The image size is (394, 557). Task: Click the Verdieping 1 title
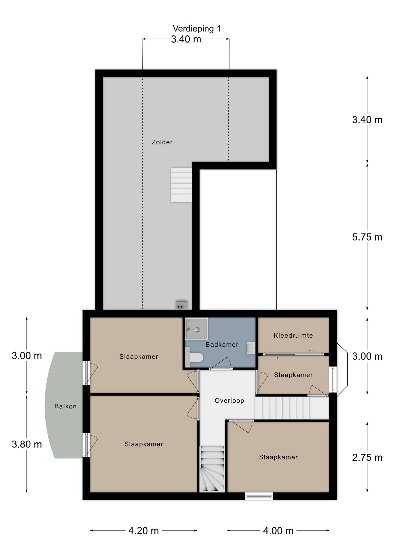197,29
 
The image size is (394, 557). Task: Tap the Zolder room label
162,142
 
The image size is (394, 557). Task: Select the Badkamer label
222,345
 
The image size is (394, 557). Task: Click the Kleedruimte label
293,336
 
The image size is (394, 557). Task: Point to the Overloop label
229,401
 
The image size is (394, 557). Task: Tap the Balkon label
66,406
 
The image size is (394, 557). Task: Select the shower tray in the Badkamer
196,329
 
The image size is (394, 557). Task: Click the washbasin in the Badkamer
251,348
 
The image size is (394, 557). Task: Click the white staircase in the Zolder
181,185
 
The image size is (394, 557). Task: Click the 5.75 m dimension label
367,237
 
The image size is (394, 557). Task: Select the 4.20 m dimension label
144,531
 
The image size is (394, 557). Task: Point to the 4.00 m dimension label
278,531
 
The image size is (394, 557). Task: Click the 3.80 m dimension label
27,444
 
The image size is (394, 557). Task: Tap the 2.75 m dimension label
367,457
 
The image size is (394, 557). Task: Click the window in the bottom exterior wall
259,496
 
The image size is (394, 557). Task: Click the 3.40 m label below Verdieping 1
186,39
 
